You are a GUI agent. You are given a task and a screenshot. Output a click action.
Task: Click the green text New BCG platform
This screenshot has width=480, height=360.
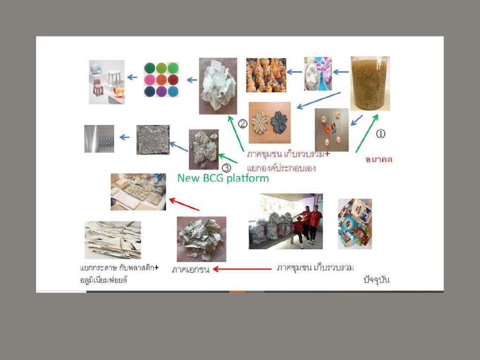point(223,178)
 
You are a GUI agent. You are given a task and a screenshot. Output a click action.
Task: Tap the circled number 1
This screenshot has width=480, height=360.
point(381,134)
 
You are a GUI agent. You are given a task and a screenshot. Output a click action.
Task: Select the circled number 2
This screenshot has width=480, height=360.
point(243,124)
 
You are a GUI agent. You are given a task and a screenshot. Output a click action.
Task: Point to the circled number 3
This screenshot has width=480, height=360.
point(226,168)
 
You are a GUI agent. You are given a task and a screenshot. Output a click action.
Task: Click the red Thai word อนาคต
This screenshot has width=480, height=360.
point(379,159)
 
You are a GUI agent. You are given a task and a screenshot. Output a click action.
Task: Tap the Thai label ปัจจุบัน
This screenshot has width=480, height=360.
point(376,279)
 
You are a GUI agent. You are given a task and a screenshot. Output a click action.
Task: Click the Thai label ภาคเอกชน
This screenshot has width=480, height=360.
point(190,270)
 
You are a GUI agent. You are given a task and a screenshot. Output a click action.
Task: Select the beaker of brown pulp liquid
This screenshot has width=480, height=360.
point(370,83)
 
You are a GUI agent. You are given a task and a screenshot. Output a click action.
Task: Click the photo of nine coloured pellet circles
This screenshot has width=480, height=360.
point(161,80)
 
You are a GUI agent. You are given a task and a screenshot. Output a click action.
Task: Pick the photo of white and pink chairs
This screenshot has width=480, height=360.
point(107,82)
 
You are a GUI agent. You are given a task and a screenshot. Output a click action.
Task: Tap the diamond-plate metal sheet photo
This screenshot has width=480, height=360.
point(99,139)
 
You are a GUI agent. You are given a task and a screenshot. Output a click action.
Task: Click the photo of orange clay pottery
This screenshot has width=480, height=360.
point(266,75)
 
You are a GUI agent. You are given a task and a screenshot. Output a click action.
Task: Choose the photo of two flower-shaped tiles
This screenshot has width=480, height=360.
point(270,122)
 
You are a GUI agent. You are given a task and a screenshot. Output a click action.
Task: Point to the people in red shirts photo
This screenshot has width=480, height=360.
point(285,221)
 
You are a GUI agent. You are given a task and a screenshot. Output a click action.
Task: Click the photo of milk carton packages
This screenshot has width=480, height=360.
point(355,224)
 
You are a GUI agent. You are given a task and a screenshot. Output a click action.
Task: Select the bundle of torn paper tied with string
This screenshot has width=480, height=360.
point(113,240)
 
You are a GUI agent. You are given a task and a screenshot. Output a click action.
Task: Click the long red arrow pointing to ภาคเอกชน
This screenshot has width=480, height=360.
point(242,269)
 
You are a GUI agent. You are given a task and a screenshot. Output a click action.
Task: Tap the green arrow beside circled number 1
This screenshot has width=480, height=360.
point(367,133)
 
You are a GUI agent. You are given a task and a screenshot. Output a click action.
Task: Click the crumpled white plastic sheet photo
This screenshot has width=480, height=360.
point(218,86)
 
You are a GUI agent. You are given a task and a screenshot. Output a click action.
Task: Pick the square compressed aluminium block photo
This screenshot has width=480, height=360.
point(153,140)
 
